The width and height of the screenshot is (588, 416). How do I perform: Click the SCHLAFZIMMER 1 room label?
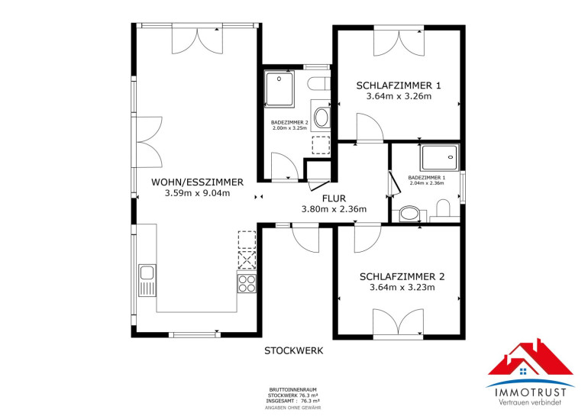coord(399,85)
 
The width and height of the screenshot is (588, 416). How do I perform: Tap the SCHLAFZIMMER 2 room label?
coord(402,277)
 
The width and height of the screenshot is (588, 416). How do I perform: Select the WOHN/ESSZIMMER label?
coord(197,182)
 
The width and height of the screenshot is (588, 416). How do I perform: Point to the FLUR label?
coord(334,198)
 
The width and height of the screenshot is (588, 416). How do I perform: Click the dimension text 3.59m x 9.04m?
coord(197,193)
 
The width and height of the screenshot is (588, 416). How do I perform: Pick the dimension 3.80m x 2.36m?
coord(334,209)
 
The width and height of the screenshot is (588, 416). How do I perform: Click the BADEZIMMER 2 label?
coord(289,123)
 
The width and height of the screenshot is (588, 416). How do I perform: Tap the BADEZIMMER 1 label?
coord(427,178)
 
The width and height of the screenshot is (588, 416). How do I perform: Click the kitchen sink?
coord(147,280)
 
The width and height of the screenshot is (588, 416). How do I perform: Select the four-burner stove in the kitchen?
coord(247,283)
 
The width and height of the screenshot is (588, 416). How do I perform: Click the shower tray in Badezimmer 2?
coord(279,89)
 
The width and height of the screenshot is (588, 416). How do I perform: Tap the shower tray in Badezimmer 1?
coord(440,157)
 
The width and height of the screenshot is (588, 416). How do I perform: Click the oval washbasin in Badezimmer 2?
coord(321,118)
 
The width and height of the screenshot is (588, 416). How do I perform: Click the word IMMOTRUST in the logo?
coord(530,392)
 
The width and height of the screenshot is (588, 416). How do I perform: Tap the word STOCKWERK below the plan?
coord(294,351)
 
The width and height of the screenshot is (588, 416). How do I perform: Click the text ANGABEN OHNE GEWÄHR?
coord(293,408)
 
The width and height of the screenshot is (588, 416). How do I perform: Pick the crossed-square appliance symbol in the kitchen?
coord(247,260)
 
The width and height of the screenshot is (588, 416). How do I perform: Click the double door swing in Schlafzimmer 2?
coord(399,322)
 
